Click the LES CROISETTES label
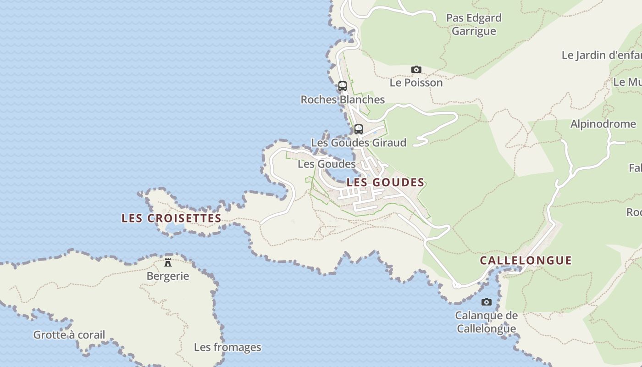pos(172,218)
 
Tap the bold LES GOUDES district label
pos(385,182)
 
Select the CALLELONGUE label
pos(526,261)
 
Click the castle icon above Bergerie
pos(168,262)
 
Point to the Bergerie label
pos(168,276)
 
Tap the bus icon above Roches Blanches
pos(342,86)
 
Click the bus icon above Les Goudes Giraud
pos(359,129)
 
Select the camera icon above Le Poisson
pos(416,70)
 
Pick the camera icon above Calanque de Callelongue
pos(487,302)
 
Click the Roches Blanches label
pos(343,100)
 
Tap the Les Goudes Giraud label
pos(359,143)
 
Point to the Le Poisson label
pos(416,83)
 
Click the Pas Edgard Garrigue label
pos(474,24)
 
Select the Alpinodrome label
pos(603,124)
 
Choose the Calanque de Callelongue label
pos(487,322)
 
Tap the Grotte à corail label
pos(69,335)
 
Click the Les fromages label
pos(227,347)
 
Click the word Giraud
pos(389,143)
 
